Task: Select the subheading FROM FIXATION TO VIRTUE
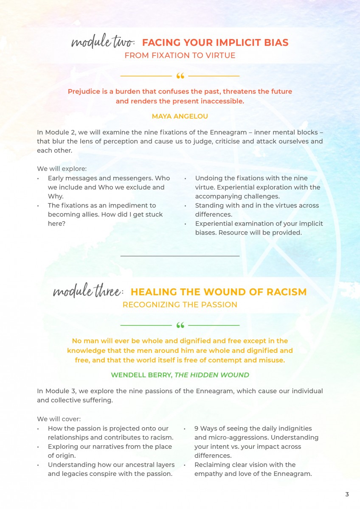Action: tap(180, 55)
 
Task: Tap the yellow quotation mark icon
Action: tap(180, 76)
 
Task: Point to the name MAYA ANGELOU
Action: tap(180, 116)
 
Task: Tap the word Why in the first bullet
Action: tap(55, 196)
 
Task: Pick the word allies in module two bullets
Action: tap(88, 214)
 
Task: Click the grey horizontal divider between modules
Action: tap(180, 256)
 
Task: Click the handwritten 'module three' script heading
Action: tap(88, 292)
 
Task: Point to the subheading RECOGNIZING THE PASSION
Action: tap(180, 305)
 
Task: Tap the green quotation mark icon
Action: tap(180, 326)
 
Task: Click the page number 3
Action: tap(347, 494)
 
